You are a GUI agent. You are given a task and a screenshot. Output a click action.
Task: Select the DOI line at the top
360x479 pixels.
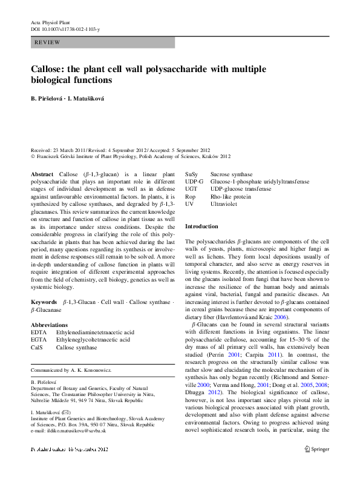click(65, 29)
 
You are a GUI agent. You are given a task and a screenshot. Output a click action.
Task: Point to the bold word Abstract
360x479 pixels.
click(42, 174)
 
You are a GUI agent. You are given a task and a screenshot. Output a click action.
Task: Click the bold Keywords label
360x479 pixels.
click(44, 300)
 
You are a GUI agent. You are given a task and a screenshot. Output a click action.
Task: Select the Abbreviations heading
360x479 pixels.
click(49, 325)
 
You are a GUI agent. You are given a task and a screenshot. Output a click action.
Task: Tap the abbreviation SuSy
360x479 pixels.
click(192, 174)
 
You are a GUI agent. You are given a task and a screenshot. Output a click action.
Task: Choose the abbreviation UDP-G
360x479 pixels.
click(194, 182)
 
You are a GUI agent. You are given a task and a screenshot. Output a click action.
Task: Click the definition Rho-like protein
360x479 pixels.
click(230, 197)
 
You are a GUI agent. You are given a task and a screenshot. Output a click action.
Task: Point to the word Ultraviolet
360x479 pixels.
click(225, 205)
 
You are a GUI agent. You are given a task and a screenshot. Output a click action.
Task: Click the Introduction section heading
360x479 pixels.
click(201, 226)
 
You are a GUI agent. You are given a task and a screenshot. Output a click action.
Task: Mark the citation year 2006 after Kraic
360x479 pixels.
click(280, 317)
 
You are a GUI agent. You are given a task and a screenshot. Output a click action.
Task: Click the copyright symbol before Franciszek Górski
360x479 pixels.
click(33, 155)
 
